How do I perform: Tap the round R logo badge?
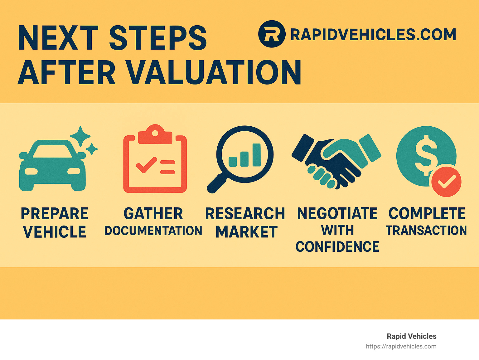[x=272, y=34]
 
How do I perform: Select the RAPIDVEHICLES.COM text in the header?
[x=373, y=34]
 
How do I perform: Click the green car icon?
[x=52, y=165]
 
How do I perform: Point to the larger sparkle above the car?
[x=80, y=136]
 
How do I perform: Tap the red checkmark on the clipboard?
[x=146, y=164]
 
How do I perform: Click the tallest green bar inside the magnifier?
[x=256, y=155]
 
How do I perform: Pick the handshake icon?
[x=336, y=161]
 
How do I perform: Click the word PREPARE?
[x=55, y=214]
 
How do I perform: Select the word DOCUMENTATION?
[x=153, y=231]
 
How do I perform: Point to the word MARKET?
[x=246, y=232]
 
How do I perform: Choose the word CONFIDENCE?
[x=337, y=247]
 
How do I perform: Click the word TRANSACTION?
[x=426, y=230]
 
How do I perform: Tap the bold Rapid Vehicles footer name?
[x=411, y=336]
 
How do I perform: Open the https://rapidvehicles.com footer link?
[x=401, y=346]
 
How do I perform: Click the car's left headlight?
[x=31, y=171]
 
